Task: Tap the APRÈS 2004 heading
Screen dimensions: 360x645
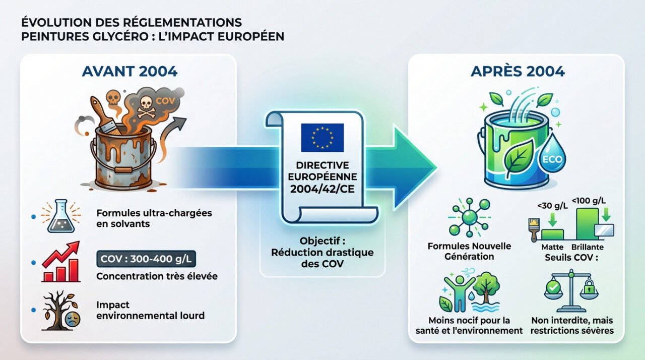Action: pyautogui.click(x=518, y=71)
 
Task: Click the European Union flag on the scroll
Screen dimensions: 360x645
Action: pyautogui.click(x=322, y=137)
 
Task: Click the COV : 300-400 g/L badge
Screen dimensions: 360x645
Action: pyautogui.click(x=146, y=259)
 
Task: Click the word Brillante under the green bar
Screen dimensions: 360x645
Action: pyautogui.click(x=588, y=248)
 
